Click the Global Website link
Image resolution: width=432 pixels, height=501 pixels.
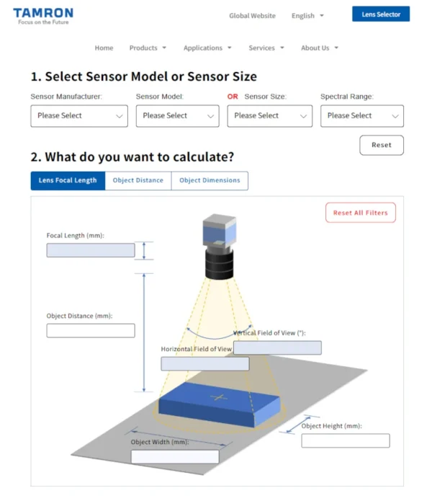252,15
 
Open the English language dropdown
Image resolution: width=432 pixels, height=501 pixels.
307,15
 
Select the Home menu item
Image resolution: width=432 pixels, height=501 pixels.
104,48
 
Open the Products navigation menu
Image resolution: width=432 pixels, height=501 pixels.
148,48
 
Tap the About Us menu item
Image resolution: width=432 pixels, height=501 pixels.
319,48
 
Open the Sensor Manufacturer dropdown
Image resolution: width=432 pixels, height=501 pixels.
79,116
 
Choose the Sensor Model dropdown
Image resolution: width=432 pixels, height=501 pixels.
177,116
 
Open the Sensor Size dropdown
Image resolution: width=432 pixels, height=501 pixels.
269,116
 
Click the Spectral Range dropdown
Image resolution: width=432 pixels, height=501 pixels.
361,116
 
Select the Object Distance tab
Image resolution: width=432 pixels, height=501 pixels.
138,180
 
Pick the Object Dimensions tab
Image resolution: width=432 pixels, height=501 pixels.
210,180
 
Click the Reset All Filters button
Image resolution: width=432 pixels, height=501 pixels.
360,213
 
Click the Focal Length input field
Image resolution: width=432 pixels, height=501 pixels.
91,250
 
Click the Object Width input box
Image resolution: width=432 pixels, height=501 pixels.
175,457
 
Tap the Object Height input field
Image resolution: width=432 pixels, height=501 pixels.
345,440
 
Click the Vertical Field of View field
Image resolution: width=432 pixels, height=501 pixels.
277,348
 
